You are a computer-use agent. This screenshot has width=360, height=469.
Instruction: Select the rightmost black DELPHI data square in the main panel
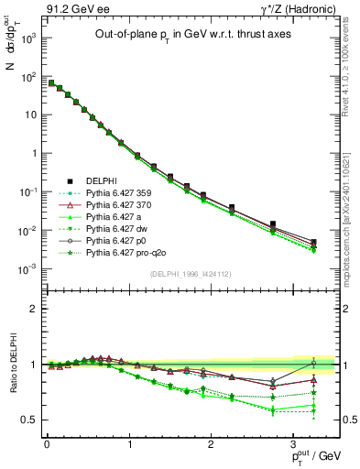click(x=313, y=242)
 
